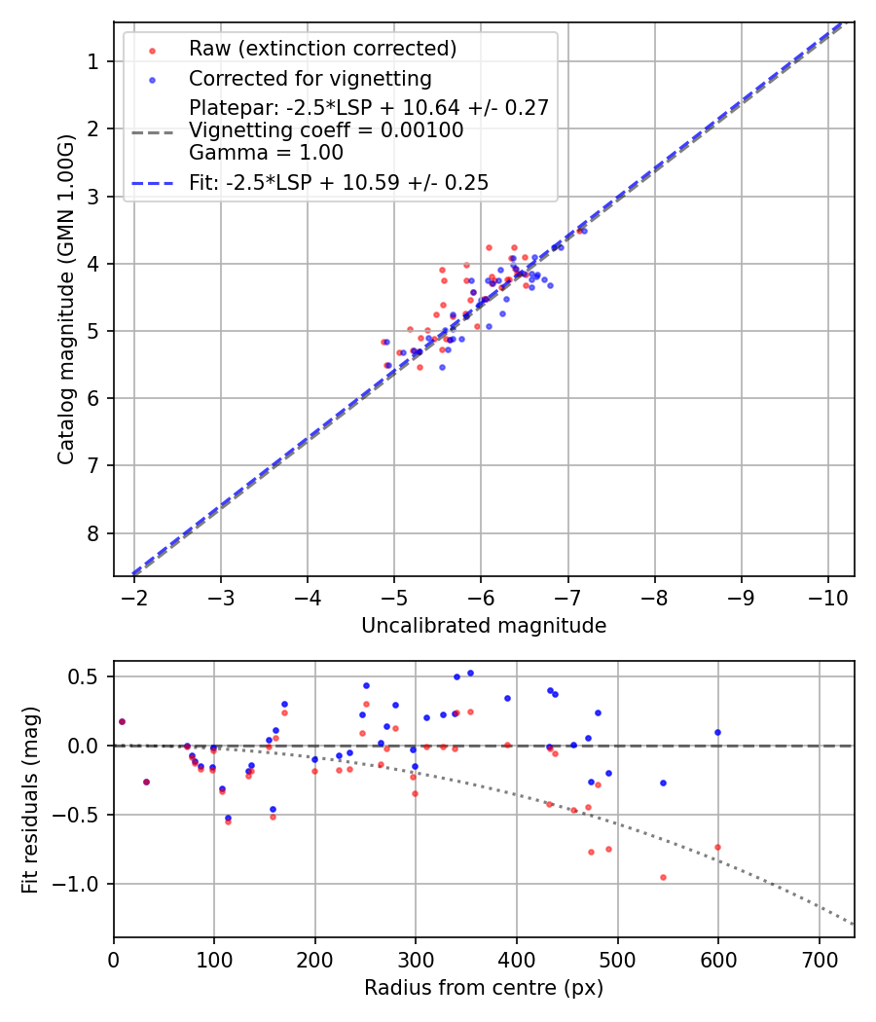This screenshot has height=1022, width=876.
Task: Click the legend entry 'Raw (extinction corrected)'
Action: tap(322, 49)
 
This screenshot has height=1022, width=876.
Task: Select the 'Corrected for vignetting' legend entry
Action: tap(310, 78)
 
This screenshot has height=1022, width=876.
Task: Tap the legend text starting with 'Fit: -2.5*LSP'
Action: tap(338, 182)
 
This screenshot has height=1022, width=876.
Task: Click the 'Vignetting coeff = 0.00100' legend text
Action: tap(326, 130)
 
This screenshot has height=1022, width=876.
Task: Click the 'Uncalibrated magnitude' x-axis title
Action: tap(484, 626)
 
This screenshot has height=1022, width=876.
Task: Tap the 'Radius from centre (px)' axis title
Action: tap(484, 988)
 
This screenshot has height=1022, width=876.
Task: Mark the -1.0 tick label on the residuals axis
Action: tap(82, 884)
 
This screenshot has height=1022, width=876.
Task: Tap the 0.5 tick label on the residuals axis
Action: tap(89, 676)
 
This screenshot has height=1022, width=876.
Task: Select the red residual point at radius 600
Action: tap(717, 847)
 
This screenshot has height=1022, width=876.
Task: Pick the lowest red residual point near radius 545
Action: tap(663, 877)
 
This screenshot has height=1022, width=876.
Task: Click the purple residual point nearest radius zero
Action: tap(122, 721)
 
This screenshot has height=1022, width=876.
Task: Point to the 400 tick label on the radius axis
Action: tap(516, 960)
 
